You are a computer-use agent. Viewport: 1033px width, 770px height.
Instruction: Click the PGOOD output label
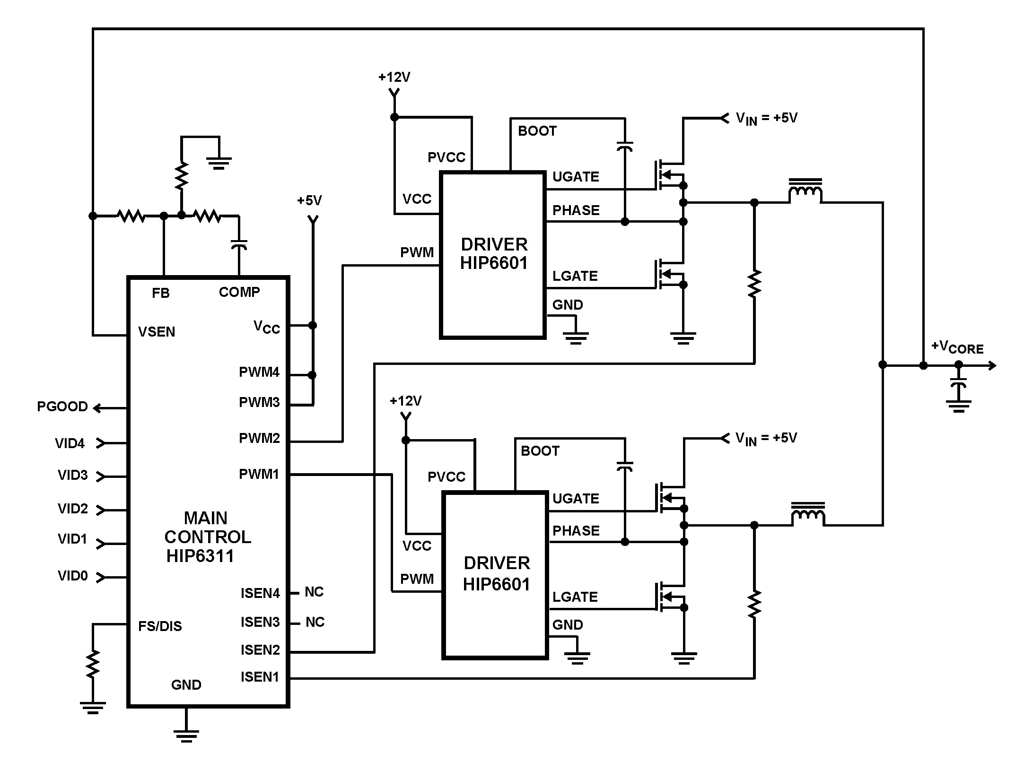(x=62, y=407)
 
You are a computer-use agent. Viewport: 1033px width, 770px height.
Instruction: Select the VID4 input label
(x=70, y=443)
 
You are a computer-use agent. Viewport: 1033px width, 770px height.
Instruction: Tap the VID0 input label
(x=73, y=576)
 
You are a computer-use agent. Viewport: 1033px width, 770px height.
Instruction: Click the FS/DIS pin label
(x=160, y=626)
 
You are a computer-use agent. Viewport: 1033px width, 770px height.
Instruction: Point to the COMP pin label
(x=239, y=292)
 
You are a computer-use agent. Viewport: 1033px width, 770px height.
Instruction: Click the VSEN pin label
(x=157, y=332)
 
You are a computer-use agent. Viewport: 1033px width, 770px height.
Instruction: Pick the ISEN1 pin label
(x=260, y=677)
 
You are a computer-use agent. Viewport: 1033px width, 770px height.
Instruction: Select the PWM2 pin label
(x=259, y=438)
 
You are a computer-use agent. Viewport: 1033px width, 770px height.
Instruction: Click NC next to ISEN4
(x=314, y=592)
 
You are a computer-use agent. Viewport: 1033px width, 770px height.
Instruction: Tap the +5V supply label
(x=309, y=200)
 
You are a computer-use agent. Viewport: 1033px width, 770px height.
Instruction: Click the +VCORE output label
(x=957, y=347)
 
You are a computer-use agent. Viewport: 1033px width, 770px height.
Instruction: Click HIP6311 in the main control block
(x=200, y=556)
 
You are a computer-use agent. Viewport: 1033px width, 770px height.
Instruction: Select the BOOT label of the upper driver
(x=537, y=131)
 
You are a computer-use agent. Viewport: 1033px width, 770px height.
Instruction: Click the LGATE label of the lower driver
(x=575, y=597)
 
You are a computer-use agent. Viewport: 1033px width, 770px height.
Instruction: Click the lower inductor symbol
(x=808, y=514)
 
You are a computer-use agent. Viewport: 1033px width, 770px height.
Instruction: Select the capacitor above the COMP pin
(x=239, y=245)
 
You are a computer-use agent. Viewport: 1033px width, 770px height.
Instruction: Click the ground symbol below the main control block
(x=186, y=735)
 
